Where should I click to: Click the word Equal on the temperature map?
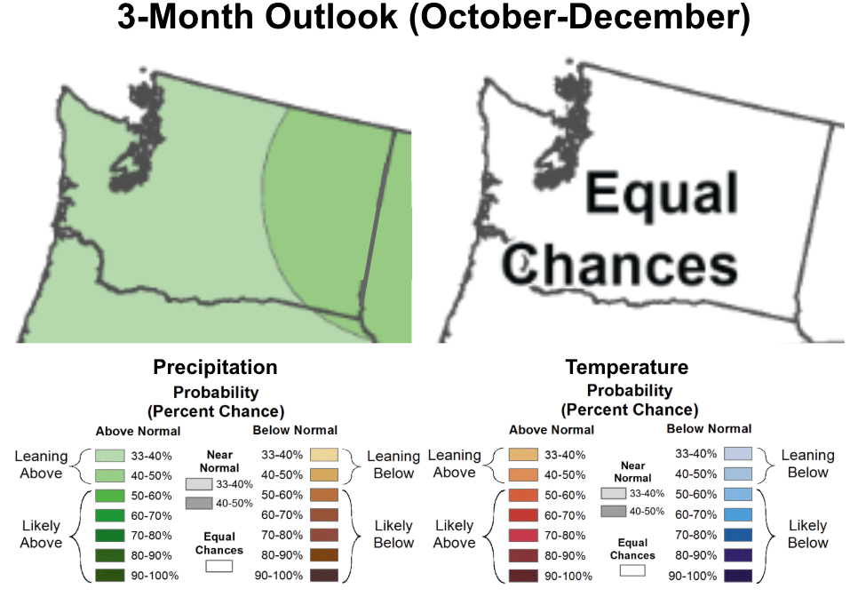coord(662,194)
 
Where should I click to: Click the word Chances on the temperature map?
coord(620,265)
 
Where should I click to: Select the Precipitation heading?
coord(215,367)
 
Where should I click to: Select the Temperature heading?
coord(626,367)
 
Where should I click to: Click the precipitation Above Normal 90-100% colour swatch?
coord(110,575)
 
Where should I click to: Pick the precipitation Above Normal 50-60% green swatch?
coord(110,495)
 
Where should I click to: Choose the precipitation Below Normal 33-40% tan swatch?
coord(324,455)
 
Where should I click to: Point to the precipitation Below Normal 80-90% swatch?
coord(324,555)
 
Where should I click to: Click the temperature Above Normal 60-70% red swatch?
coord(523,515)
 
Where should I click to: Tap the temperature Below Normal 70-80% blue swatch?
coord(738,535)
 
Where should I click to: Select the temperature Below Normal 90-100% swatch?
coord(738,576)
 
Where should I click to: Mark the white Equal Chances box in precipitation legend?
coord(218,566)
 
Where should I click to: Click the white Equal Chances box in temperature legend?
coord(632,570)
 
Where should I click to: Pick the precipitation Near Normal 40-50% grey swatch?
coord(200,504)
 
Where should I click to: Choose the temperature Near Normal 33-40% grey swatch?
coord(614,493)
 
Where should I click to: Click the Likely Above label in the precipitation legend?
coord(42,534)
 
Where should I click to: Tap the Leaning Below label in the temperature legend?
coord(807,464)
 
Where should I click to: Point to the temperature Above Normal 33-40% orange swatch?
coord(523,455)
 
